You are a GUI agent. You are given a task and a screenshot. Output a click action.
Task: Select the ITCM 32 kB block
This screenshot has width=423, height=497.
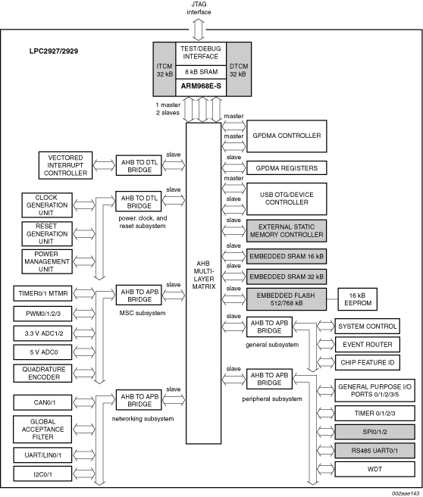(164, 69)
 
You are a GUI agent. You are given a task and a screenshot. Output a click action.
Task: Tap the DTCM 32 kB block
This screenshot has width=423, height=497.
(239, 69)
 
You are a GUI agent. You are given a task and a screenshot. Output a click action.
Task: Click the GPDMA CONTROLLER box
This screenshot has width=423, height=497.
(287, 136)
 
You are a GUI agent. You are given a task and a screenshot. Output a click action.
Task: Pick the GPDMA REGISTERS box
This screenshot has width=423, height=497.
(287, 168)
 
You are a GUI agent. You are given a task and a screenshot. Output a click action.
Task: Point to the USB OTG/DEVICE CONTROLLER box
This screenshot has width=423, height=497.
(287, 198)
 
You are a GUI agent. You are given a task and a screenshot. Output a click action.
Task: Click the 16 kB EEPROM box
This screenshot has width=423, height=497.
(358, 299)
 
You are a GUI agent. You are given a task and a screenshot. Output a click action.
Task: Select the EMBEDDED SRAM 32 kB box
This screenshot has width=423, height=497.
(287, 277)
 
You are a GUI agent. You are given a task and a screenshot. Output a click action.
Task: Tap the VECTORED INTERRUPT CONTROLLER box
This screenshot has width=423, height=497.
(66, 165)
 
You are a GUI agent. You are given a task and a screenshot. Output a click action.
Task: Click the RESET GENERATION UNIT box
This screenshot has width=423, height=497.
(47, 234)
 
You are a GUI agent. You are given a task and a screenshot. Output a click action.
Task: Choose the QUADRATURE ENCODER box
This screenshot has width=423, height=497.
(42, 374)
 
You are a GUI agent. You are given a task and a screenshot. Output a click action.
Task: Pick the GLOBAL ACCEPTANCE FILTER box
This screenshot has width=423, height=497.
(42, 429)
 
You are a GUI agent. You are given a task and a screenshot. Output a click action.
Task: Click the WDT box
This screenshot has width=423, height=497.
(374, 469)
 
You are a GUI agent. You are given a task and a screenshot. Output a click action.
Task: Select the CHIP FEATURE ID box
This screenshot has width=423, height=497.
(368, 363)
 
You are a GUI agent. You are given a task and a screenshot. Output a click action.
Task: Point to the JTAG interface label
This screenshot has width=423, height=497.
(199, 8)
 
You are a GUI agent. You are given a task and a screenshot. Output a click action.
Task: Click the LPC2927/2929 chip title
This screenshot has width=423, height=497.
(54, 51)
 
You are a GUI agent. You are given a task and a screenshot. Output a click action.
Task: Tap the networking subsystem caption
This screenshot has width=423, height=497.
(143, 419)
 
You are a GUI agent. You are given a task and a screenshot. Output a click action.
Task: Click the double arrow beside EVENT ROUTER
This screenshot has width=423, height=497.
(326, 345)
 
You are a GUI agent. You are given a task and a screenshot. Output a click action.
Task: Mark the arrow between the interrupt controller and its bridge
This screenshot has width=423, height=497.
(105, 165)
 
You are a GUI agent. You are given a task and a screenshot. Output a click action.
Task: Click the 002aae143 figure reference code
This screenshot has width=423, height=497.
(406, 493)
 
